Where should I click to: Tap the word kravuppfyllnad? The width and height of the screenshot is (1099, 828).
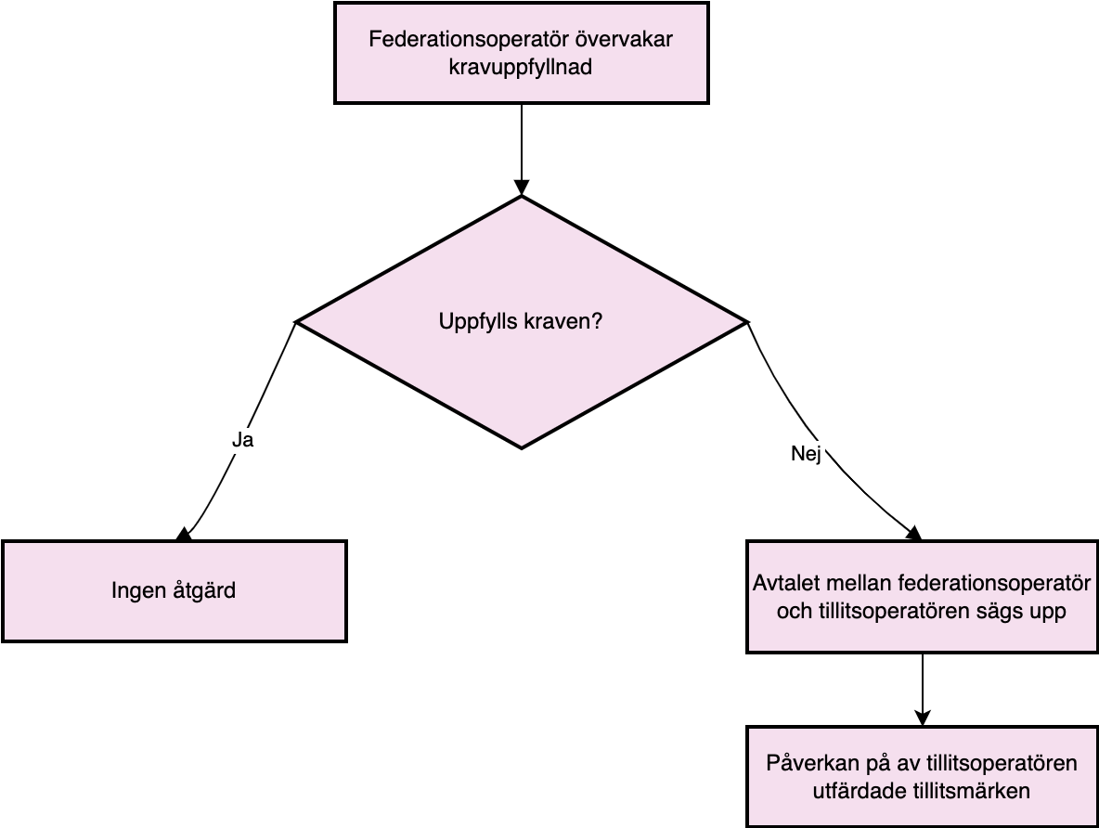tap(521, 68)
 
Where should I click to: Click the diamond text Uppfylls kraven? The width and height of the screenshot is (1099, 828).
tap(521, 322)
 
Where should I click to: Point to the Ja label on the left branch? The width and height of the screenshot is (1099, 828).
tap(242, 440)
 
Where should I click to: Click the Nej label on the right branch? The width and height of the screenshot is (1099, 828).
tap(806, 454)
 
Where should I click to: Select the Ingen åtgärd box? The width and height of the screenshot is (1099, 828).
tap(175, 591)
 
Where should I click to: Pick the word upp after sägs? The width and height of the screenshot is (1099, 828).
tap(1048, 613)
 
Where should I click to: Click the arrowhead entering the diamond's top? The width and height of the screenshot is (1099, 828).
tap(522, 188)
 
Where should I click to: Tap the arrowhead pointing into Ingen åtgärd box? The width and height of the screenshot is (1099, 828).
tap(184, 535)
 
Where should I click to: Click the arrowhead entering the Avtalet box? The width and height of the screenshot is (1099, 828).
tap(914, 535)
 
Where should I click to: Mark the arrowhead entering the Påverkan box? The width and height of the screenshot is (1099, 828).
tap(923, 718)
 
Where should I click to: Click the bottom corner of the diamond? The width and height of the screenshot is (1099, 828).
tap(522, 448)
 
